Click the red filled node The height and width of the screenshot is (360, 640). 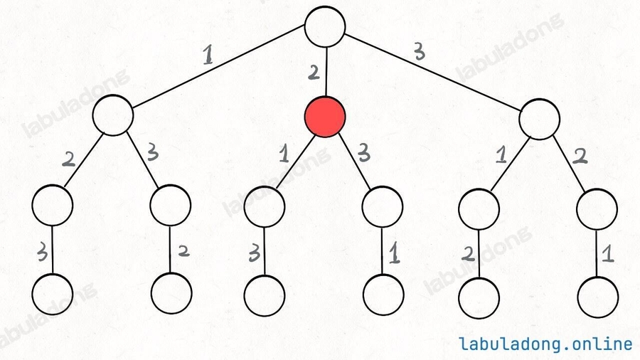[325, 117]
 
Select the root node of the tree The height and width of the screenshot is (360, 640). [325, 26]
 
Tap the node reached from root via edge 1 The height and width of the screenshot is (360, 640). [113, 115]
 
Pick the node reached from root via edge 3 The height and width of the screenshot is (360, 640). [539, 120]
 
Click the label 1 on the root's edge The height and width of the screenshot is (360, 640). [208, 55]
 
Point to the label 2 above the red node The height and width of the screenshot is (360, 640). [314, 72]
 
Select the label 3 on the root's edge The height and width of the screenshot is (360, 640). [419, 52]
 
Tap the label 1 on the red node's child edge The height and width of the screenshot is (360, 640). [284, 154]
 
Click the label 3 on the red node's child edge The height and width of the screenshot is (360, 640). [363, 154]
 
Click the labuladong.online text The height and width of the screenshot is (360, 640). [545, 344]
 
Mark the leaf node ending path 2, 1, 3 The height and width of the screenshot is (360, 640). [264, 295]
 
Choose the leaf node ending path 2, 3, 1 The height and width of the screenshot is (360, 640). [383, 295]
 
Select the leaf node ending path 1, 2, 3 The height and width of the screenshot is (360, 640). [53, 294]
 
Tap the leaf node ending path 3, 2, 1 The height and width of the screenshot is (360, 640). [598, 297]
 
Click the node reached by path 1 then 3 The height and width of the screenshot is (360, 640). [171, 205]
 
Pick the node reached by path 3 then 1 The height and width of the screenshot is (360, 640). [479, 209]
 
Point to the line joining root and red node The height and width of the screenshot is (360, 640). [325, 72]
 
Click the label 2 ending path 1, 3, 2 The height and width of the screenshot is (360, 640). [183, 251]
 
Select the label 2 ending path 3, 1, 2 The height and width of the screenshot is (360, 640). [468, 254]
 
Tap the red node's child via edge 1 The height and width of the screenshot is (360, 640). [265, 206]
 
